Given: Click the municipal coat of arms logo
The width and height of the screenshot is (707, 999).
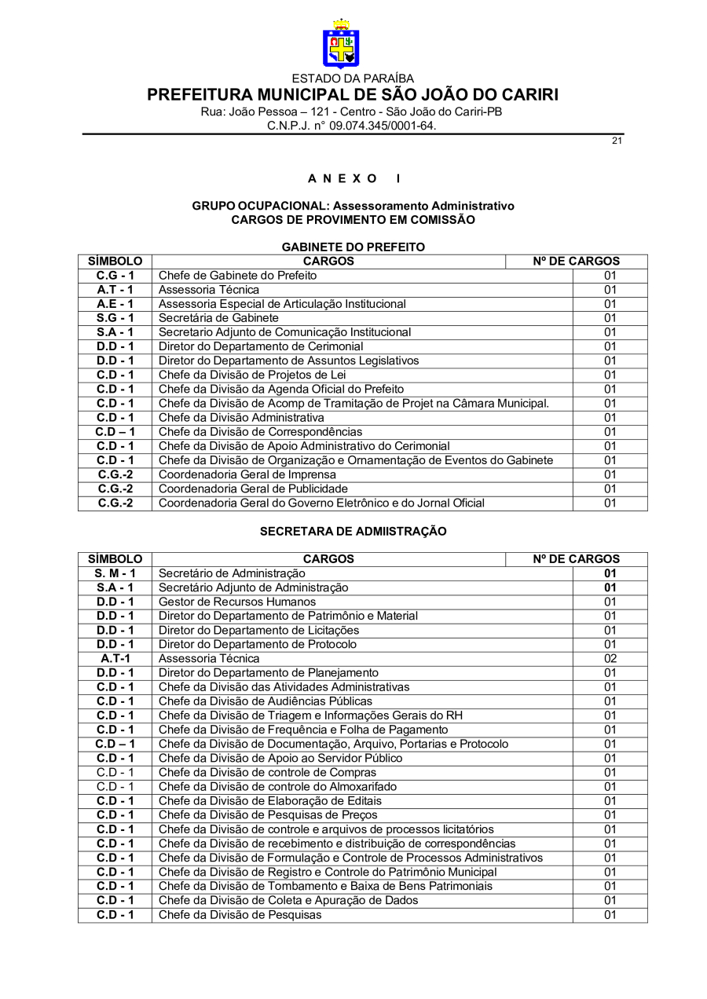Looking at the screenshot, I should (341, 44).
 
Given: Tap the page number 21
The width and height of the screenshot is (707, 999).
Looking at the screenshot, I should (617, 141).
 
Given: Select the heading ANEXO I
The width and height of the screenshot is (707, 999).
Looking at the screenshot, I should (353, 178).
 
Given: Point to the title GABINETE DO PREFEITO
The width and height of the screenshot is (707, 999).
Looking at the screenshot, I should (353, 247).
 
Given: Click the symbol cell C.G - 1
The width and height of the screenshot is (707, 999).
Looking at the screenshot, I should (115, 276).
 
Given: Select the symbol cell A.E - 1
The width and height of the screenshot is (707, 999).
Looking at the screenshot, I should (115, 304).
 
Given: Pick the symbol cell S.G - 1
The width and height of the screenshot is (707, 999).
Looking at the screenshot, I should (115, 318).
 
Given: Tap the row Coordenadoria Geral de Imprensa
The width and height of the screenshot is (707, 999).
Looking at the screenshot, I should (247, 474).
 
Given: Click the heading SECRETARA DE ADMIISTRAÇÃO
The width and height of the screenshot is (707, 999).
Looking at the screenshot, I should (353, 532).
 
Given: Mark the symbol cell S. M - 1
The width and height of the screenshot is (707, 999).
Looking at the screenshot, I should (115, 573).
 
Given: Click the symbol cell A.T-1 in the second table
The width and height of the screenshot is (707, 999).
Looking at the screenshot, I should (115, 658).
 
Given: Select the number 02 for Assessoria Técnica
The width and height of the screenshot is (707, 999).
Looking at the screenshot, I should (610, 658).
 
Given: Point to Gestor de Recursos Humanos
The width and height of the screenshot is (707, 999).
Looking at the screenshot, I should (237, 602).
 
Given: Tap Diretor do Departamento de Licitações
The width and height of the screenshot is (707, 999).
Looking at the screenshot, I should (258, 630).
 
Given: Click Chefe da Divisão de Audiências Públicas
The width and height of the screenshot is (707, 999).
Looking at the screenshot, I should (266, 701).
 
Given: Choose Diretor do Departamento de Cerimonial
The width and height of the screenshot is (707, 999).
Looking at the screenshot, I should (261, 346).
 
